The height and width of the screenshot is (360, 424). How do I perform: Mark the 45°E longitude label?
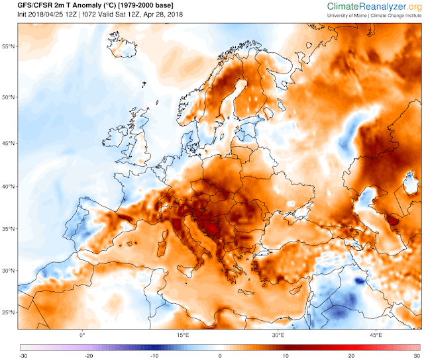(376, 336)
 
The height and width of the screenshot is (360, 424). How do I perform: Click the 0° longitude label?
(83, 336)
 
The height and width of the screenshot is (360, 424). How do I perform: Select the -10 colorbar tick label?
(153, 355)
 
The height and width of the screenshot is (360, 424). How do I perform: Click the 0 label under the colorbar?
(219, 355)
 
